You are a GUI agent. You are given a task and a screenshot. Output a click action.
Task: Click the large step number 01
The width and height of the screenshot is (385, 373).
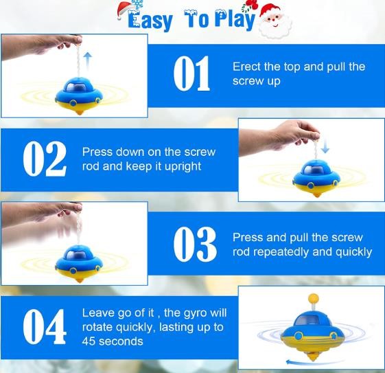pos(191,74)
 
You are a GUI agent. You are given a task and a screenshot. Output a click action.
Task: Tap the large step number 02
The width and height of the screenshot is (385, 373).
pos(45,159)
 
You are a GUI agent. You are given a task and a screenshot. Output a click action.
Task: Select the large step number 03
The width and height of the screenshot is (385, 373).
pos(195,244)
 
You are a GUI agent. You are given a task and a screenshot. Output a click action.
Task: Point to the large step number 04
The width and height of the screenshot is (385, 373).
pos(45,326)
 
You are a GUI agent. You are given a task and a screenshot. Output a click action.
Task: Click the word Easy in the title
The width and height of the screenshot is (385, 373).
pos(150,21)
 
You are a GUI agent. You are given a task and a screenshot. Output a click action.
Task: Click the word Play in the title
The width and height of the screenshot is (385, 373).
pos(235,19)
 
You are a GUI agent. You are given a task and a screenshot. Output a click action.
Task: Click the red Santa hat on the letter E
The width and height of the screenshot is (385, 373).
pos(126,9)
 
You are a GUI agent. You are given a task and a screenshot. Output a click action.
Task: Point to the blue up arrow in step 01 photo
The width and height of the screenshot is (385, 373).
pos(88,61)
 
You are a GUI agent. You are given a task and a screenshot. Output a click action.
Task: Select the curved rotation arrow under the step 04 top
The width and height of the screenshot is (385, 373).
pos(315,362)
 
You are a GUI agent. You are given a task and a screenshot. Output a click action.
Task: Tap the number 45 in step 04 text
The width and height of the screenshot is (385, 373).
pos(89,341)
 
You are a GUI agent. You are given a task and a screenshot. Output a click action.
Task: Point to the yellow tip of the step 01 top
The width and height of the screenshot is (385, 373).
pos(80,112)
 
